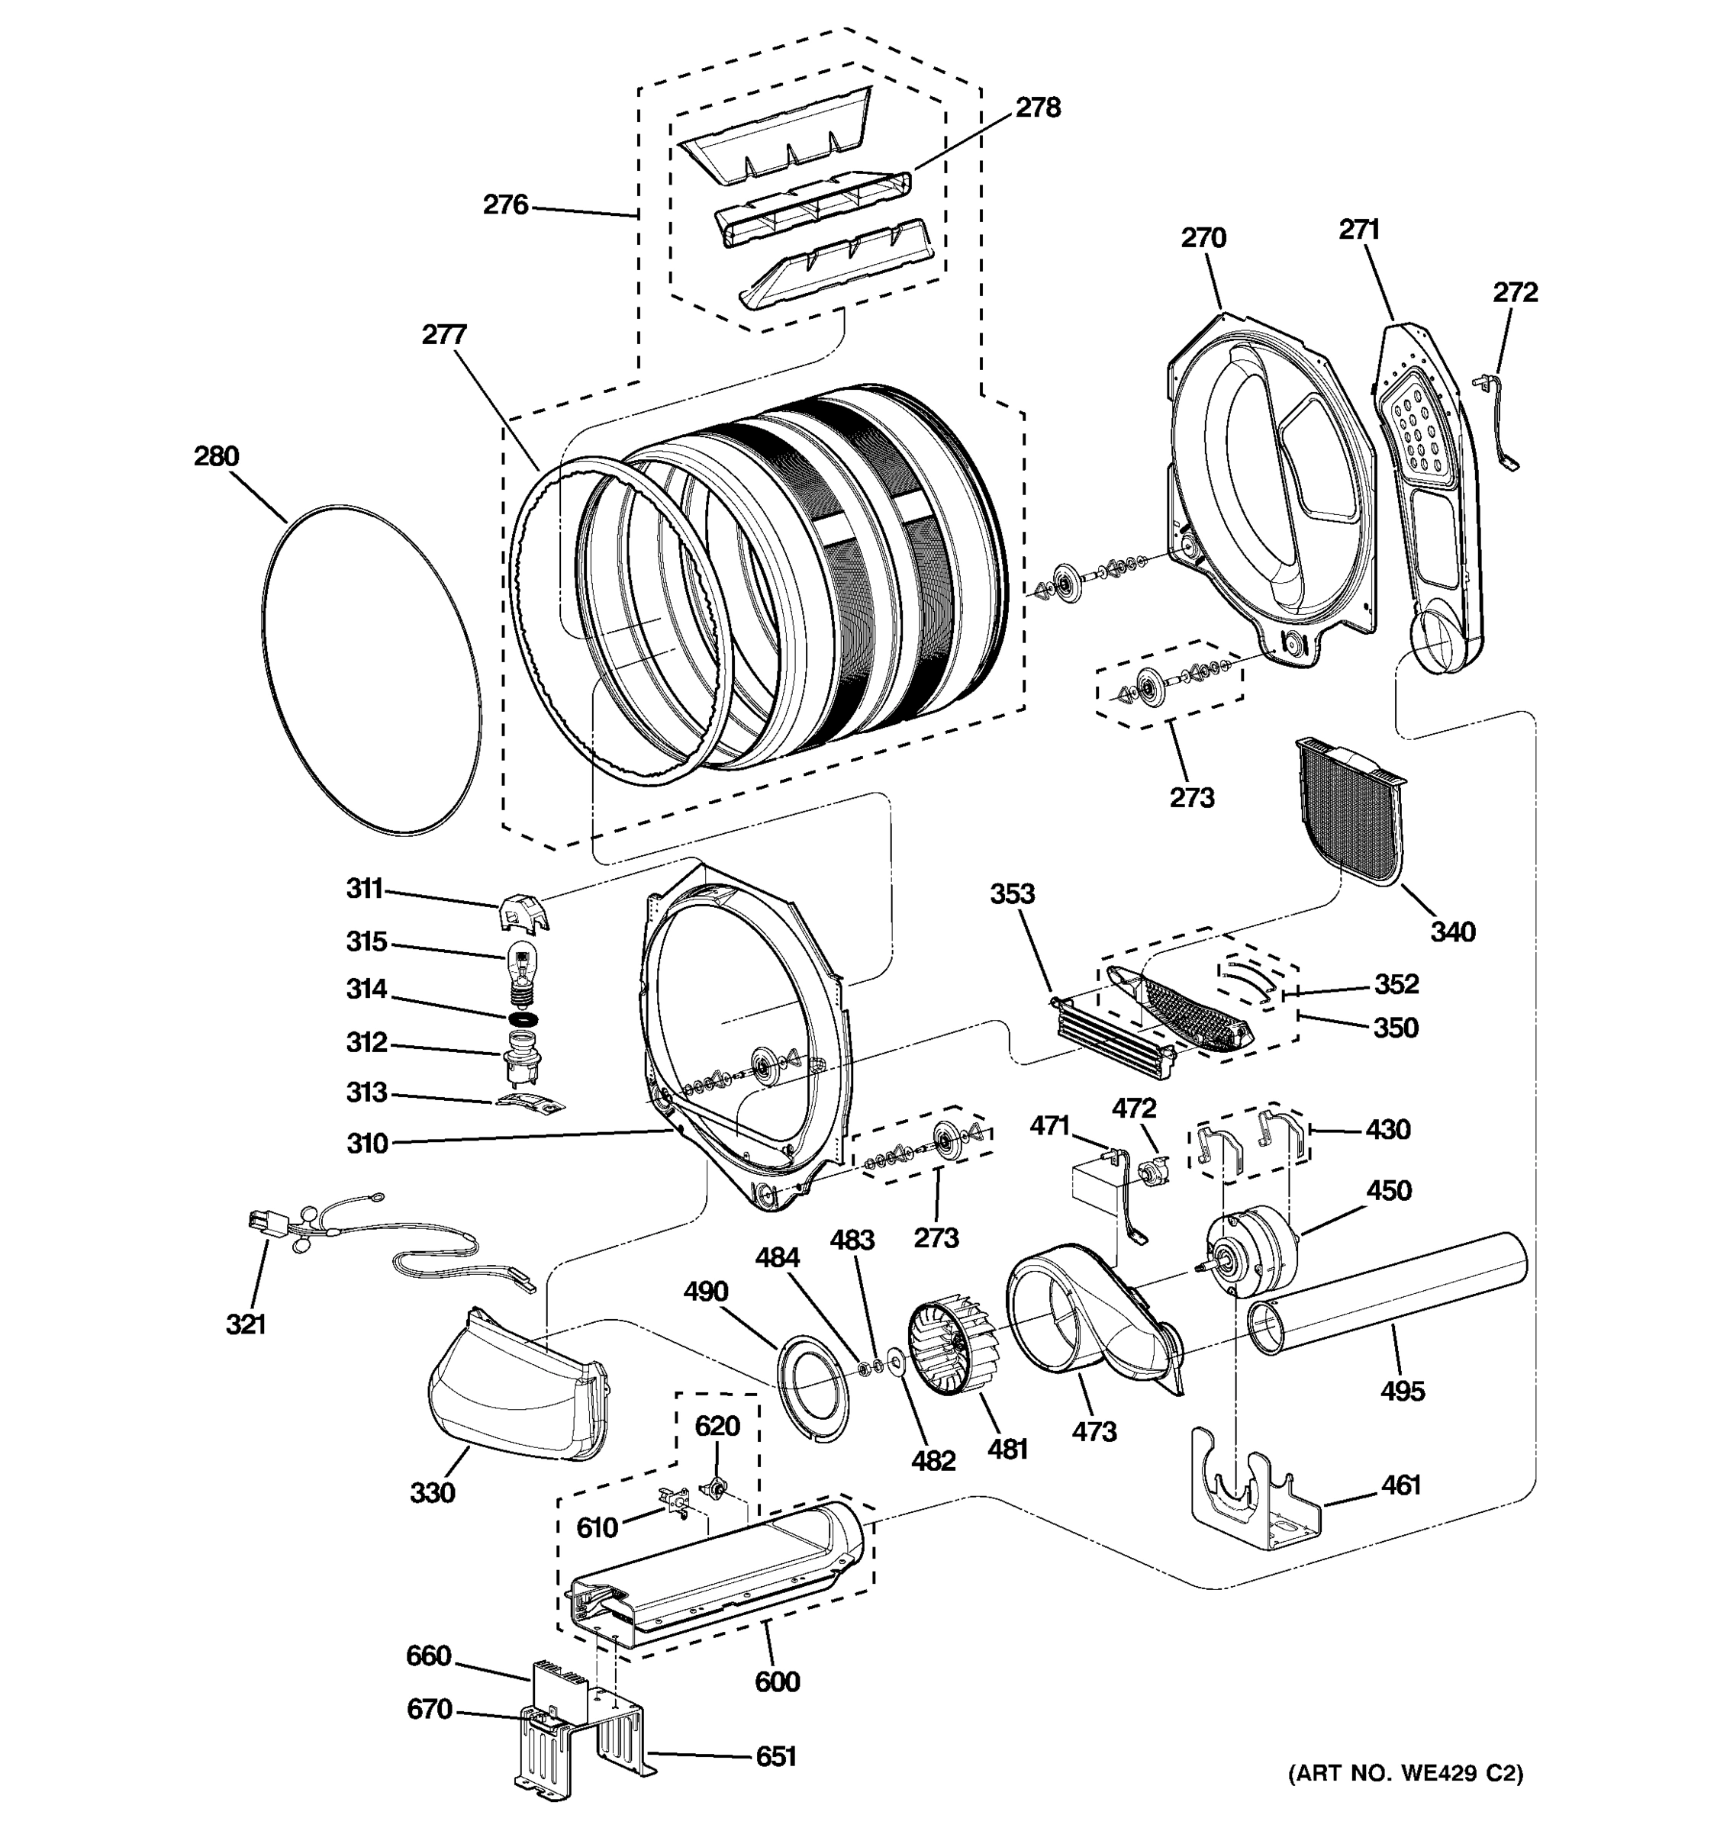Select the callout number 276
(x=506, y=204)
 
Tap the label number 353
(x=1013, y=893)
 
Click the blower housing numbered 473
(x=1087, y=1326)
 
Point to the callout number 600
(x=777, y=1681)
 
